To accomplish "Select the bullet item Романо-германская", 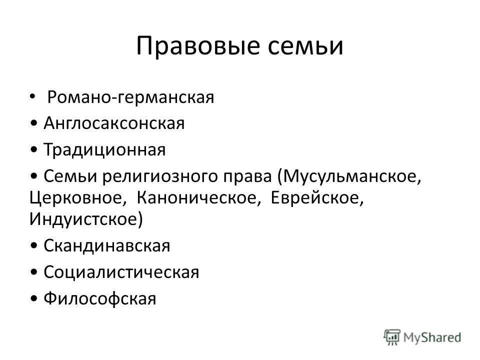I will (x=130, y=97).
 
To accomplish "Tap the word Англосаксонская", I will (x=114, y=123).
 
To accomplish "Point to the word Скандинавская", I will (x=107, y=245).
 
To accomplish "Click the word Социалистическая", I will (x=121, y=272).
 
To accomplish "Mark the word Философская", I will (x=100, y=298).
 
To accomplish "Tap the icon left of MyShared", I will (x=393, y=336).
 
